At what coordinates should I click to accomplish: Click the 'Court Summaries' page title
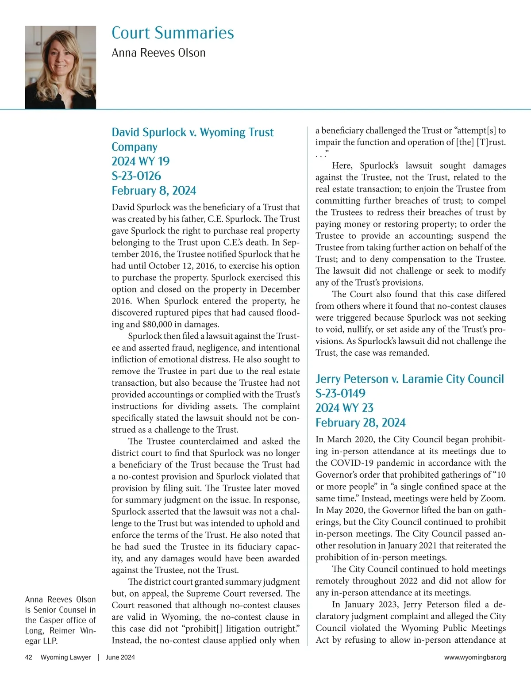click(173, 33)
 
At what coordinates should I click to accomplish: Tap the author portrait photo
click(60, 67)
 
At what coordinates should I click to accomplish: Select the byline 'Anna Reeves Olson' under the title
click(158, 53)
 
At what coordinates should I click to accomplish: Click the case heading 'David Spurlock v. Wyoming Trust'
click(192, 132)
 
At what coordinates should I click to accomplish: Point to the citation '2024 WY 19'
click(140, 161)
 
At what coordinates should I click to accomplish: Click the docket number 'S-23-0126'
click(136, 176)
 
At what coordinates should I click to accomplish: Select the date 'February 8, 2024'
click(154, 190)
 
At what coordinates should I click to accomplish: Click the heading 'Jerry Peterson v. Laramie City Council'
click(409, 379)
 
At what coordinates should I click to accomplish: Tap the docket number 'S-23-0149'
click(340, 393)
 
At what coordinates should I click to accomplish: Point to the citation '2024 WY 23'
click(344, 408)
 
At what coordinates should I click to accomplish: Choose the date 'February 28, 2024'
click(360, 422)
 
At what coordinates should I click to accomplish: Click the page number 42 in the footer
click(29, 657)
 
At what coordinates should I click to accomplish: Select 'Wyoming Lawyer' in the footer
click(65, 657)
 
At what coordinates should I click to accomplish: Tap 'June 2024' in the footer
click(120, 657)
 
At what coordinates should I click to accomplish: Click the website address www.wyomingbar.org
click(475, 657)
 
